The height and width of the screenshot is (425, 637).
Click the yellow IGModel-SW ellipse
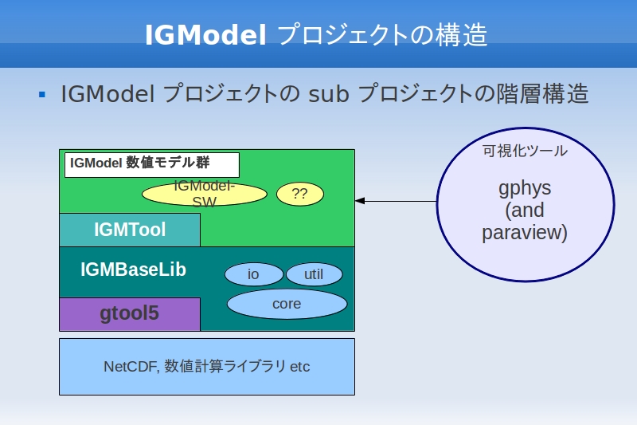point(205,194)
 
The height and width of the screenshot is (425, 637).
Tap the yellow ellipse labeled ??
point(300,194)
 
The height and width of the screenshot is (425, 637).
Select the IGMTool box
point(130,230)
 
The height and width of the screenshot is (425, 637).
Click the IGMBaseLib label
point(133,270)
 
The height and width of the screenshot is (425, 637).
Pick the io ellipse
point(254,274)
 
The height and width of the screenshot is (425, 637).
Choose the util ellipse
point(314,274)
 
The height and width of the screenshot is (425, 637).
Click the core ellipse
point(287,304)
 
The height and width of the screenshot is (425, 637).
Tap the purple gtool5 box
point(130,314)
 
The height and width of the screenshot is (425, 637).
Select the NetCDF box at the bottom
point(207,367)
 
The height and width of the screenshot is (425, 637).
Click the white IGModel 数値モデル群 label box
point(152,165)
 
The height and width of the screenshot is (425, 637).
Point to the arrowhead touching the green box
point(360,201)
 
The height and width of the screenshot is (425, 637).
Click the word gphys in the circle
point(525,189)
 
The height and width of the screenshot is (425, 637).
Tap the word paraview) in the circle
point(525,233)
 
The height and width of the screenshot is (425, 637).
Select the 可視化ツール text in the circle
point(525,151)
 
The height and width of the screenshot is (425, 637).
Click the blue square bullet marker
point(42,95)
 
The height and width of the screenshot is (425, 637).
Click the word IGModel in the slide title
point(205,34)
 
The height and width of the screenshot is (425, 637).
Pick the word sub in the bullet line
point(329,94)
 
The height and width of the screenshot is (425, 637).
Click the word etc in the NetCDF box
point(300,367)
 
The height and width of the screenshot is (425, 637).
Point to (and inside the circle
point(525,211)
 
